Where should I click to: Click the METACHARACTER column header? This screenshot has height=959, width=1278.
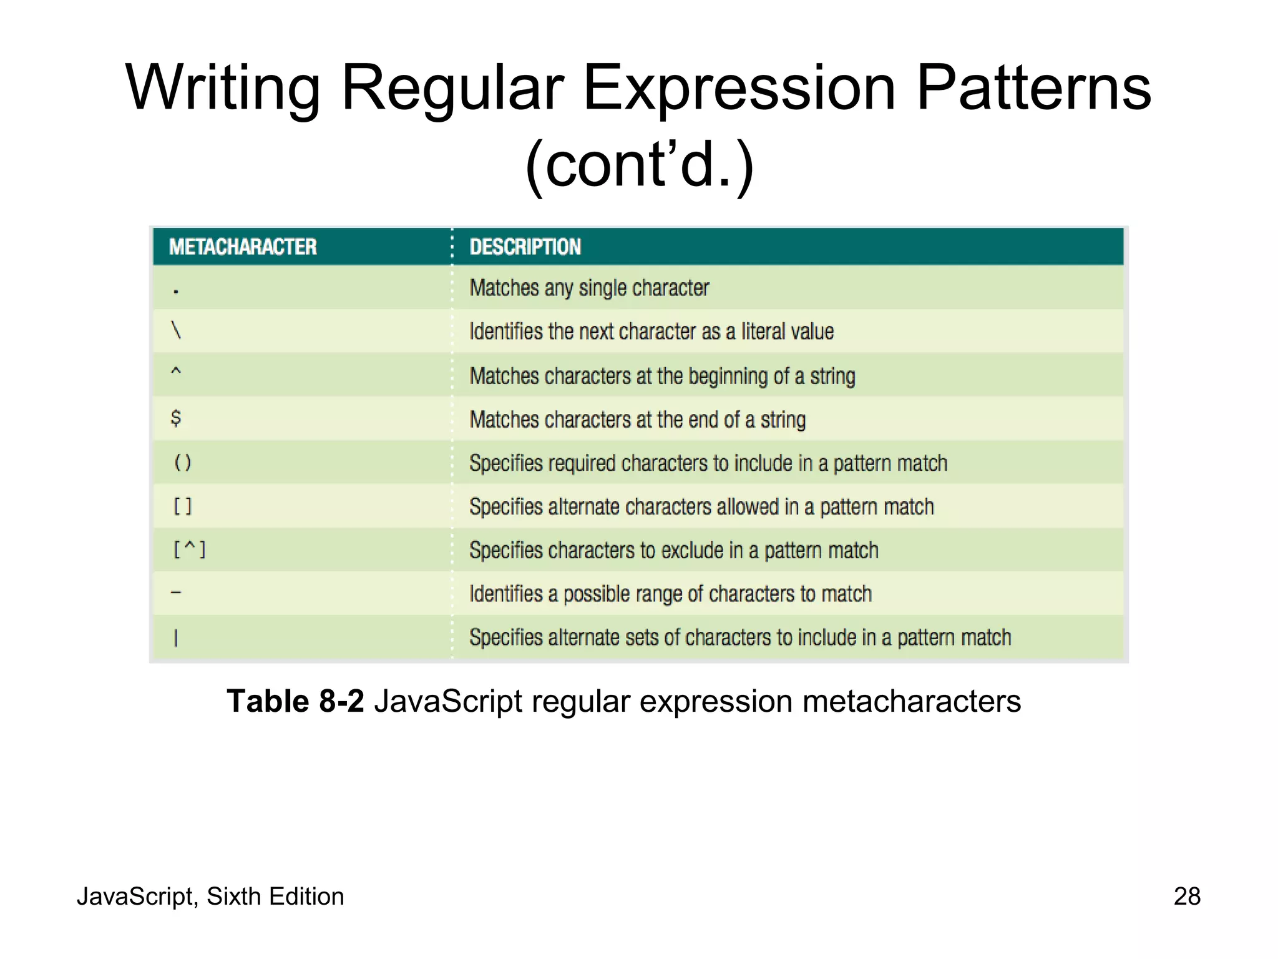coord(243,247)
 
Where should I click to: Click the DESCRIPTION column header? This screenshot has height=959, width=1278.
coord(525,247)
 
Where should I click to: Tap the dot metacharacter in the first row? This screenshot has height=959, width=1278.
coord(176,291)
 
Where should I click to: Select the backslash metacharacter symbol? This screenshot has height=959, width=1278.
coord(176,330)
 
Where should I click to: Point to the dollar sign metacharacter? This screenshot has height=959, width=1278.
coord(176,418)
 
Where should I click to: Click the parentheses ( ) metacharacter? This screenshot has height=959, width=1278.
coord(183,463)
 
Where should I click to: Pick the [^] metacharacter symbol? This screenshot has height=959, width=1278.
coord(189,550)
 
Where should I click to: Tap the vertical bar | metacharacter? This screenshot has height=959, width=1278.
coord(176,637)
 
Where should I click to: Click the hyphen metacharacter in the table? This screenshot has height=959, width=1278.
coord(176,593)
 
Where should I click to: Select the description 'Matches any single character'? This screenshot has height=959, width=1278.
coord(589,288)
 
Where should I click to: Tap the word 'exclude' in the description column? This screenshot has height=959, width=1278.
coord(693,551)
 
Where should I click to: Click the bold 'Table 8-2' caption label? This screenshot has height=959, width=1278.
coord(295,701)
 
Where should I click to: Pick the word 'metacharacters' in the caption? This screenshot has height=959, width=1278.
coord(911,701)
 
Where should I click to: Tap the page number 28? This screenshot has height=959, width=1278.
coord(1187,897)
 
